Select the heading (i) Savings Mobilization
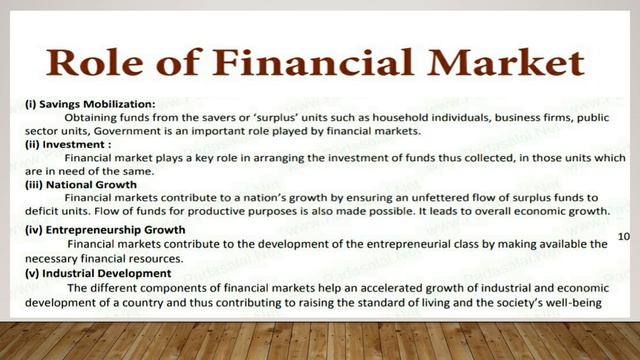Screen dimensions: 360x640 pos(91,104)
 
